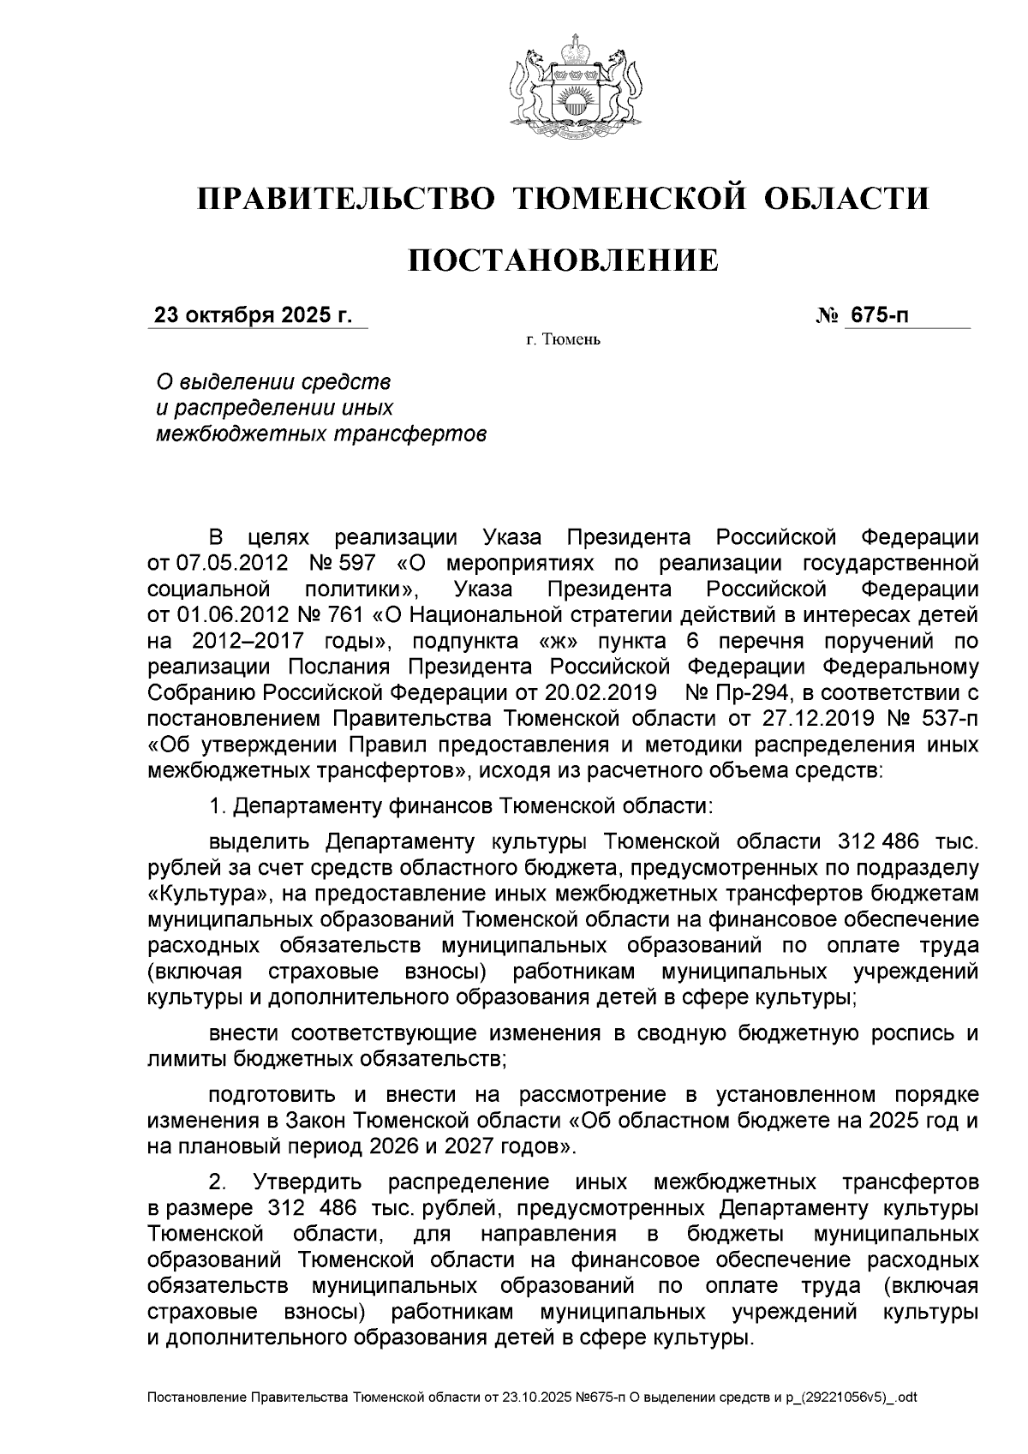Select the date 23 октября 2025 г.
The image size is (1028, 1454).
253,315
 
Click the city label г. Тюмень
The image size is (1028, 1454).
563,341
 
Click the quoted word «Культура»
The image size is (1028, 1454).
204,894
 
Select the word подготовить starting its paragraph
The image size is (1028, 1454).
274,1095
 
